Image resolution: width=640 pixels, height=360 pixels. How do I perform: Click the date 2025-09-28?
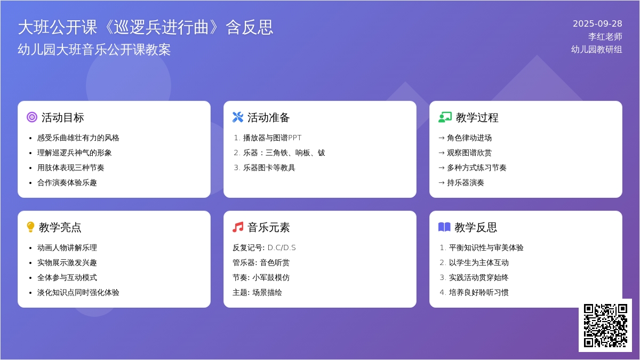(x=597, y=23)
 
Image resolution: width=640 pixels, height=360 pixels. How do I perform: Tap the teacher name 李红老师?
(x=605, y=37)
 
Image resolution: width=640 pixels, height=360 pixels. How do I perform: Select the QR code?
(x=605, y=325)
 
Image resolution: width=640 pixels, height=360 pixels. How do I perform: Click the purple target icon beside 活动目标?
(x=32, y=117)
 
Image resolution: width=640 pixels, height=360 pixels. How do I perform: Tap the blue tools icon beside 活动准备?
(x=238, y=117)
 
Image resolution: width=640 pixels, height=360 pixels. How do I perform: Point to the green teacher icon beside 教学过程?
(x=445, y=117)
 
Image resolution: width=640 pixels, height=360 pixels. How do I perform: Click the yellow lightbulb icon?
(x=30, y=227)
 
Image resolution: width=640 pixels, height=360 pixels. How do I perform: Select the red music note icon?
(x=238, y=227)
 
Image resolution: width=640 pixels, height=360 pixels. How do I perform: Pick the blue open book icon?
(x=444, y=227)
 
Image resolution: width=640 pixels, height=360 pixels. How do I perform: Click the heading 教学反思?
(x=476, y=227)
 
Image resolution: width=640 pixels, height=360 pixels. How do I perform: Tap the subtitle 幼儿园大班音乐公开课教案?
(x=94, y=50)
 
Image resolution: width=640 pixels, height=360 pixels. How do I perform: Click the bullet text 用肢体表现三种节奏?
(x=70, y=167)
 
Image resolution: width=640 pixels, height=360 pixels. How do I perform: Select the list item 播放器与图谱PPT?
(x=272, y=138)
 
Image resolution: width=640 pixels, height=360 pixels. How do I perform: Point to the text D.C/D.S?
(x=282, y=247)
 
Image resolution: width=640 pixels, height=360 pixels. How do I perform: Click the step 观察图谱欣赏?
(x=469, y=153)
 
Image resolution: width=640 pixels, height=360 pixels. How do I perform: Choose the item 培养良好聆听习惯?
(x=478, y=293)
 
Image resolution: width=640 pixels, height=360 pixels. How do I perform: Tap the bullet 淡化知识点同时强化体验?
(x=78, y=293)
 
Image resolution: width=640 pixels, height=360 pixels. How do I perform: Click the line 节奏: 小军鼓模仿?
(x=261, y=278)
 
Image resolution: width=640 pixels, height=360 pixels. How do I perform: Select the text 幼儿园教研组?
(x=597, y=50)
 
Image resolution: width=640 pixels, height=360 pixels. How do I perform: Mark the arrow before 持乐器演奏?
(x=442, y=183)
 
